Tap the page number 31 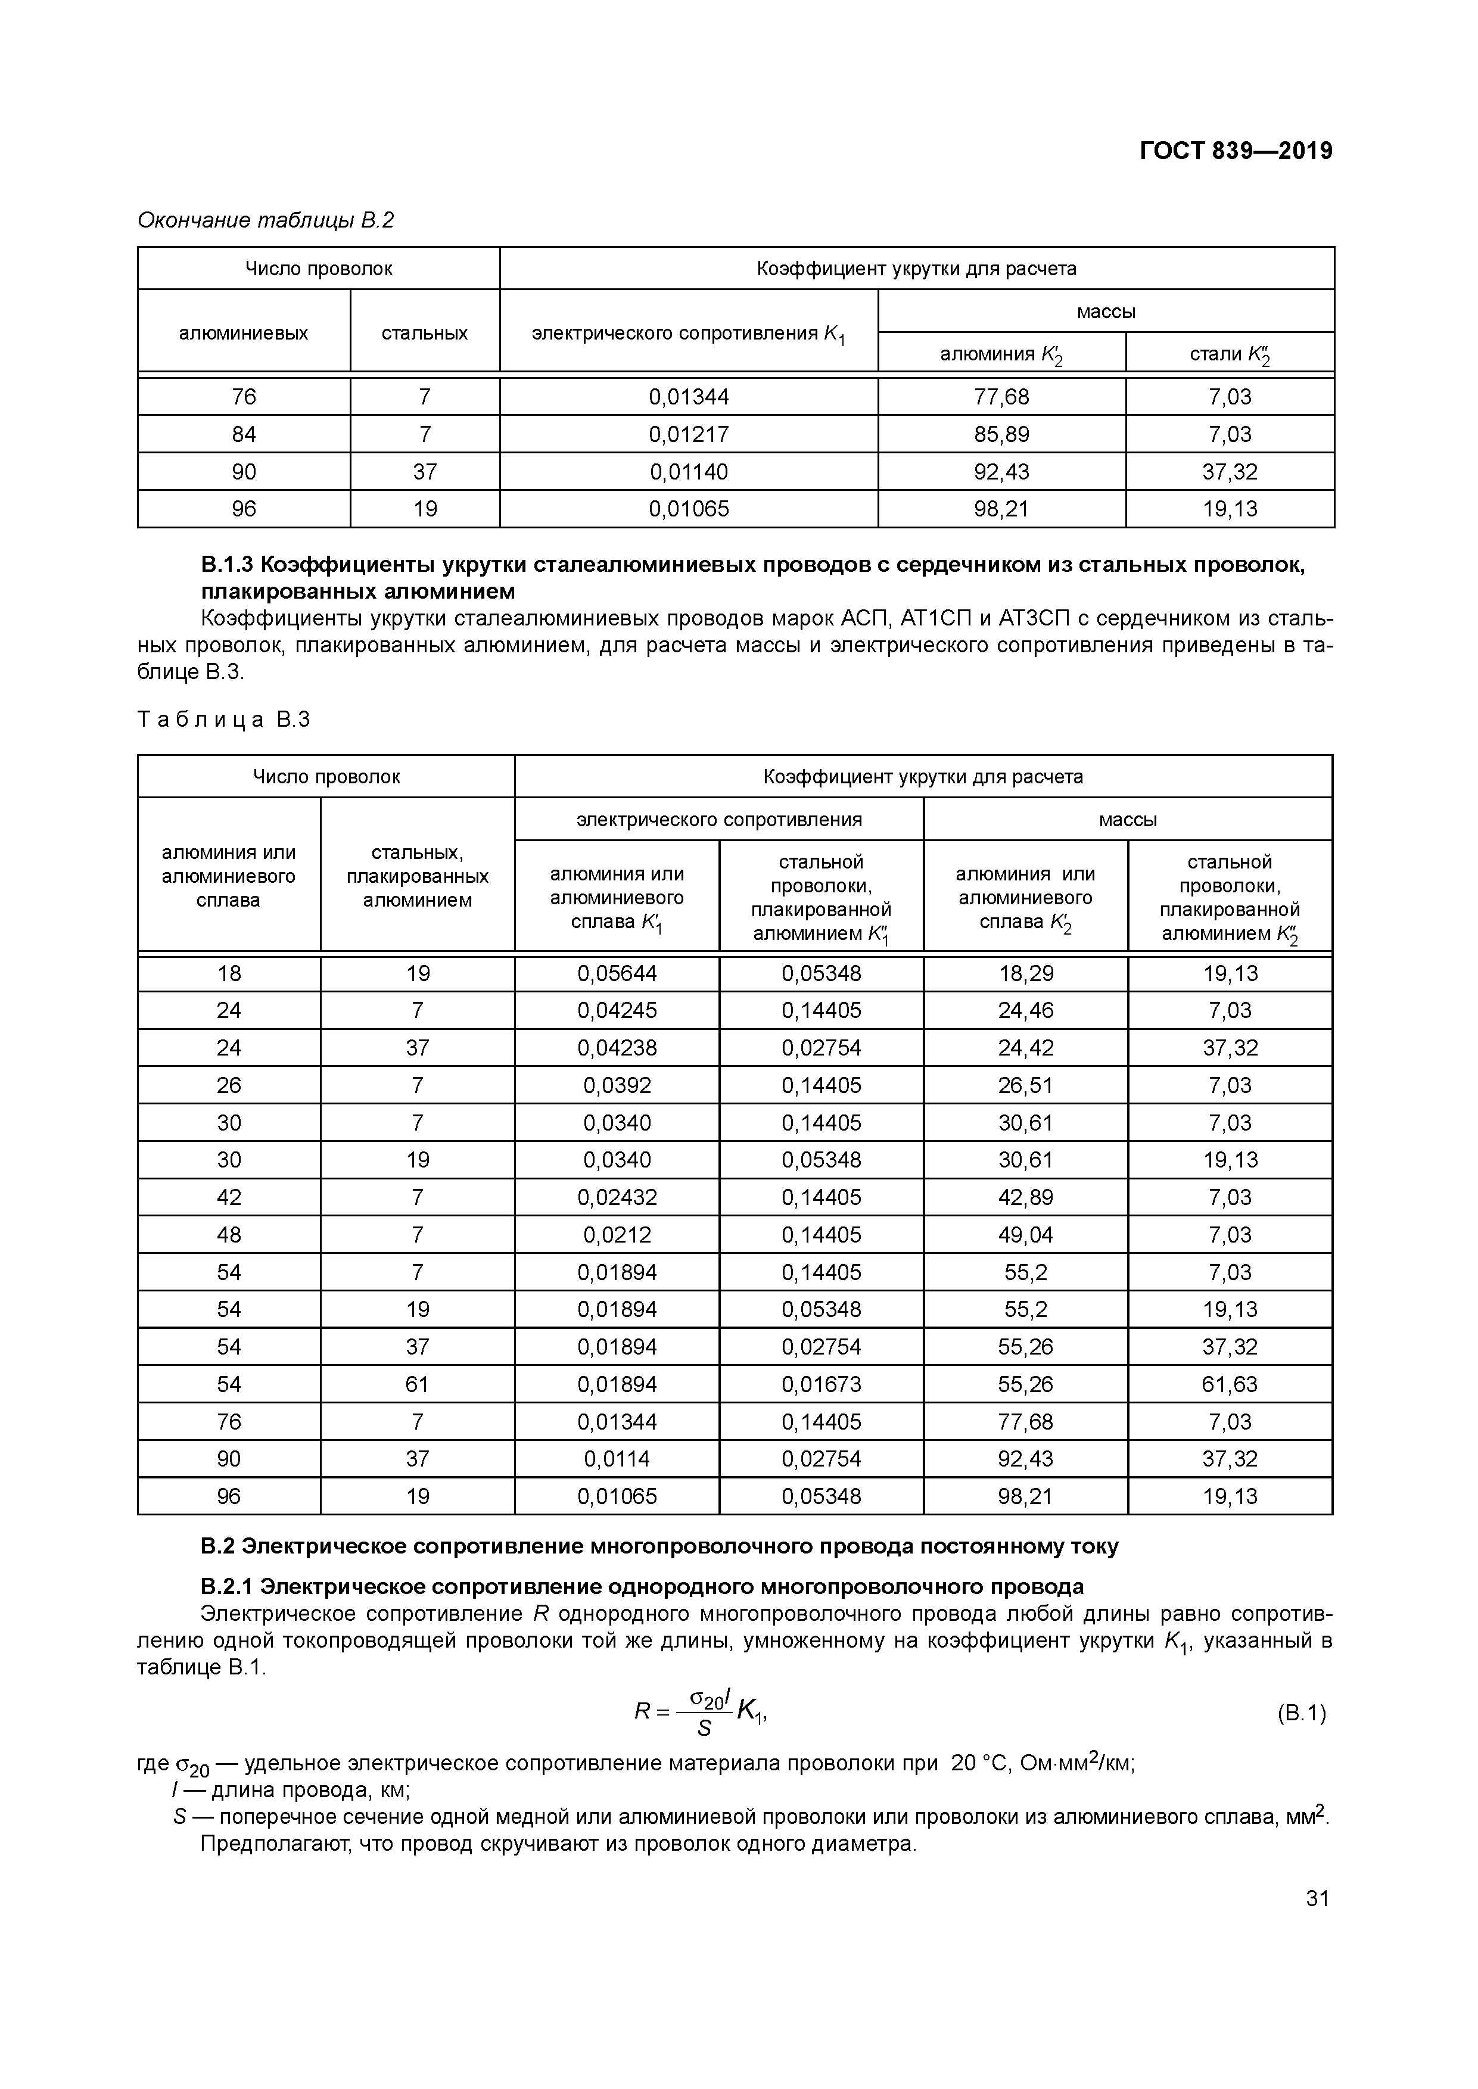tap(1317, 1898)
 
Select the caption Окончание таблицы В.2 tap(265, 220)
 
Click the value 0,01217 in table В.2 tap(689, 434)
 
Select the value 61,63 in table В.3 tap(1230, 1384)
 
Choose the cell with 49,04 tap(1026, 1235)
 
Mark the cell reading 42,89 tap(1026, 1197)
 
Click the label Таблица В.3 tap(224, 720)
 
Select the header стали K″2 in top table tap(1230, 353)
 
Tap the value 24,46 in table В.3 tap(1026, 1011)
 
